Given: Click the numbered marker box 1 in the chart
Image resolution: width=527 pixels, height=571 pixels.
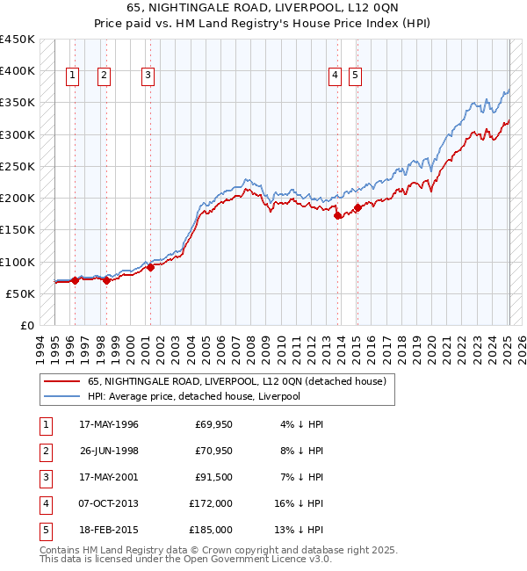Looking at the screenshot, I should [71, 76].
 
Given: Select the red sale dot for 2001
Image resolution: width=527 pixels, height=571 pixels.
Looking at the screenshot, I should [150, 267].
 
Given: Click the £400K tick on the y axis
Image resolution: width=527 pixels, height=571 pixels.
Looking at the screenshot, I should [18, 71].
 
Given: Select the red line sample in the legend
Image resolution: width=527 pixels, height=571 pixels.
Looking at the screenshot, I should [61, 381].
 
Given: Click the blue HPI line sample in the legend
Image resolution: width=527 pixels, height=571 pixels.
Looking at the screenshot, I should [61, 396].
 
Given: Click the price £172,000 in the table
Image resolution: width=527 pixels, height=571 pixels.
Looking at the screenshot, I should [212, 504].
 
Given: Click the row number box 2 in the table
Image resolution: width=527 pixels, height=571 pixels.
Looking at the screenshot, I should [46, 452].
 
